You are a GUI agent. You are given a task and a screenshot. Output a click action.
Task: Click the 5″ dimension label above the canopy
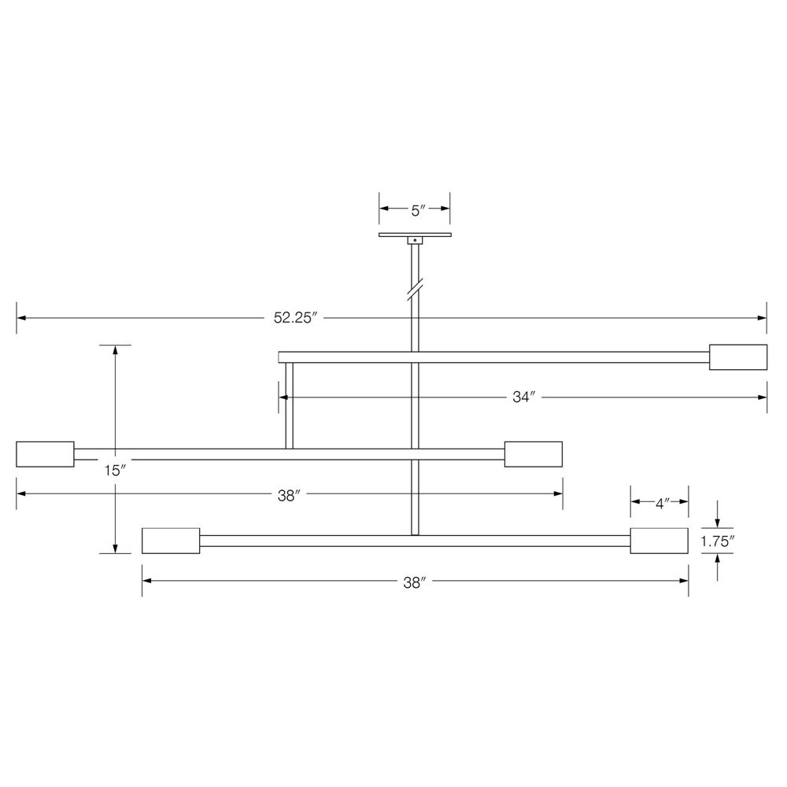coord(417,210)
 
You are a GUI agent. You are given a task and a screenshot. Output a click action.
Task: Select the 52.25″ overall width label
coord(295,319)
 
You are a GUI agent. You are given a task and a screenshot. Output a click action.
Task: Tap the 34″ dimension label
coord(523,398)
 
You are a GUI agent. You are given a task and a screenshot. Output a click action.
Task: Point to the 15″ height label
coord(115,471)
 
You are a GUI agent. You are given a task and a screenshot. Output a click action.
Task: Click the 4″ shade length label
coord(661,503)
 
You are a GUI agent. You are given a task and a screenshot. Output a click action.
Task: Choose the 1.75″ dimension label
coord(717,541)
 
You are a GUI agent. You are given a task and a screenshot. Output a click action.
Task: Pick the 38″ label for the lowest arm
coord(414,582)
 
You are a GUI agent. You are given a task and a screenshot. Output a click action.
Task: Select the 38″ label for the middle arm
coord(289,496)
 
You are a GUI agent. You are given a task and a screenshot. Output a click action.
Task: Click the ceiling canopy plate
coord(415,234)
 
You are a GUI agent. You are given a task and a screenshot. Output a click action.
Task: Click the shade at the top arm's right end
coord(738,357)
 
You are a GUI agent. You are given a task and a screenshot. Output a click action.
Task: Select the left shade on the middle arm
coord(45,454)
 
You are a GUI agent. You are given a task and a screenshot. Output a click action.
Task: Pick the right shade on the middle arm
coord(534,454)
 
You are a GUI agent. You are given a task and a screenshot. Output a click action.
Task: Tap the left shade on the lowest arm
coord(171,541)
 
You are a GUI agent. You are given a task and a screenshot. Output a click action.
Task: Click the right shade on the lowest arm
coord(660,541)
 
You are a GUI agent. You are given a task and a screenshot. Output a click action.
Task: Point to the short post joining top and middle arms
coord(289,405)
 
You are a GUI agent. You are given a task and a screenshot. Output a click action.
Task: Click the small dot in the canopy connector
coord(415,239)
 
